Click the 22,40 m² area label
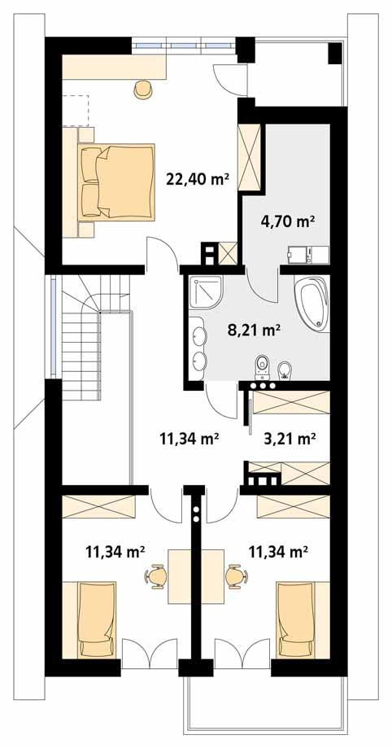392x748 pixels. pyautogui.click(x=197, y=180)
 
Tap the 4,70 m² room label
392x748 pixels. pyautogui.click(x=288, y=220)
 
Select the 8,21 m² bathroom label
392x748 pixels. pyautogui.click(x=254, y=330)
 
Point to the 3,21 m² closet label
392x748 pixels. pyautogui.click(x=290, y=439)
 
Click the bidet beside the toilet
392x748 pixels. pyautogui.click(x=285, y=370)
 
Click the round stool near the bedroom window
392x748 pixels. pyautogui.click(x=143, y=88)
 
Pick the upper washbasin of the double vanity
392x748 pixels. pyautogui.click(x=198, y=334)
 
